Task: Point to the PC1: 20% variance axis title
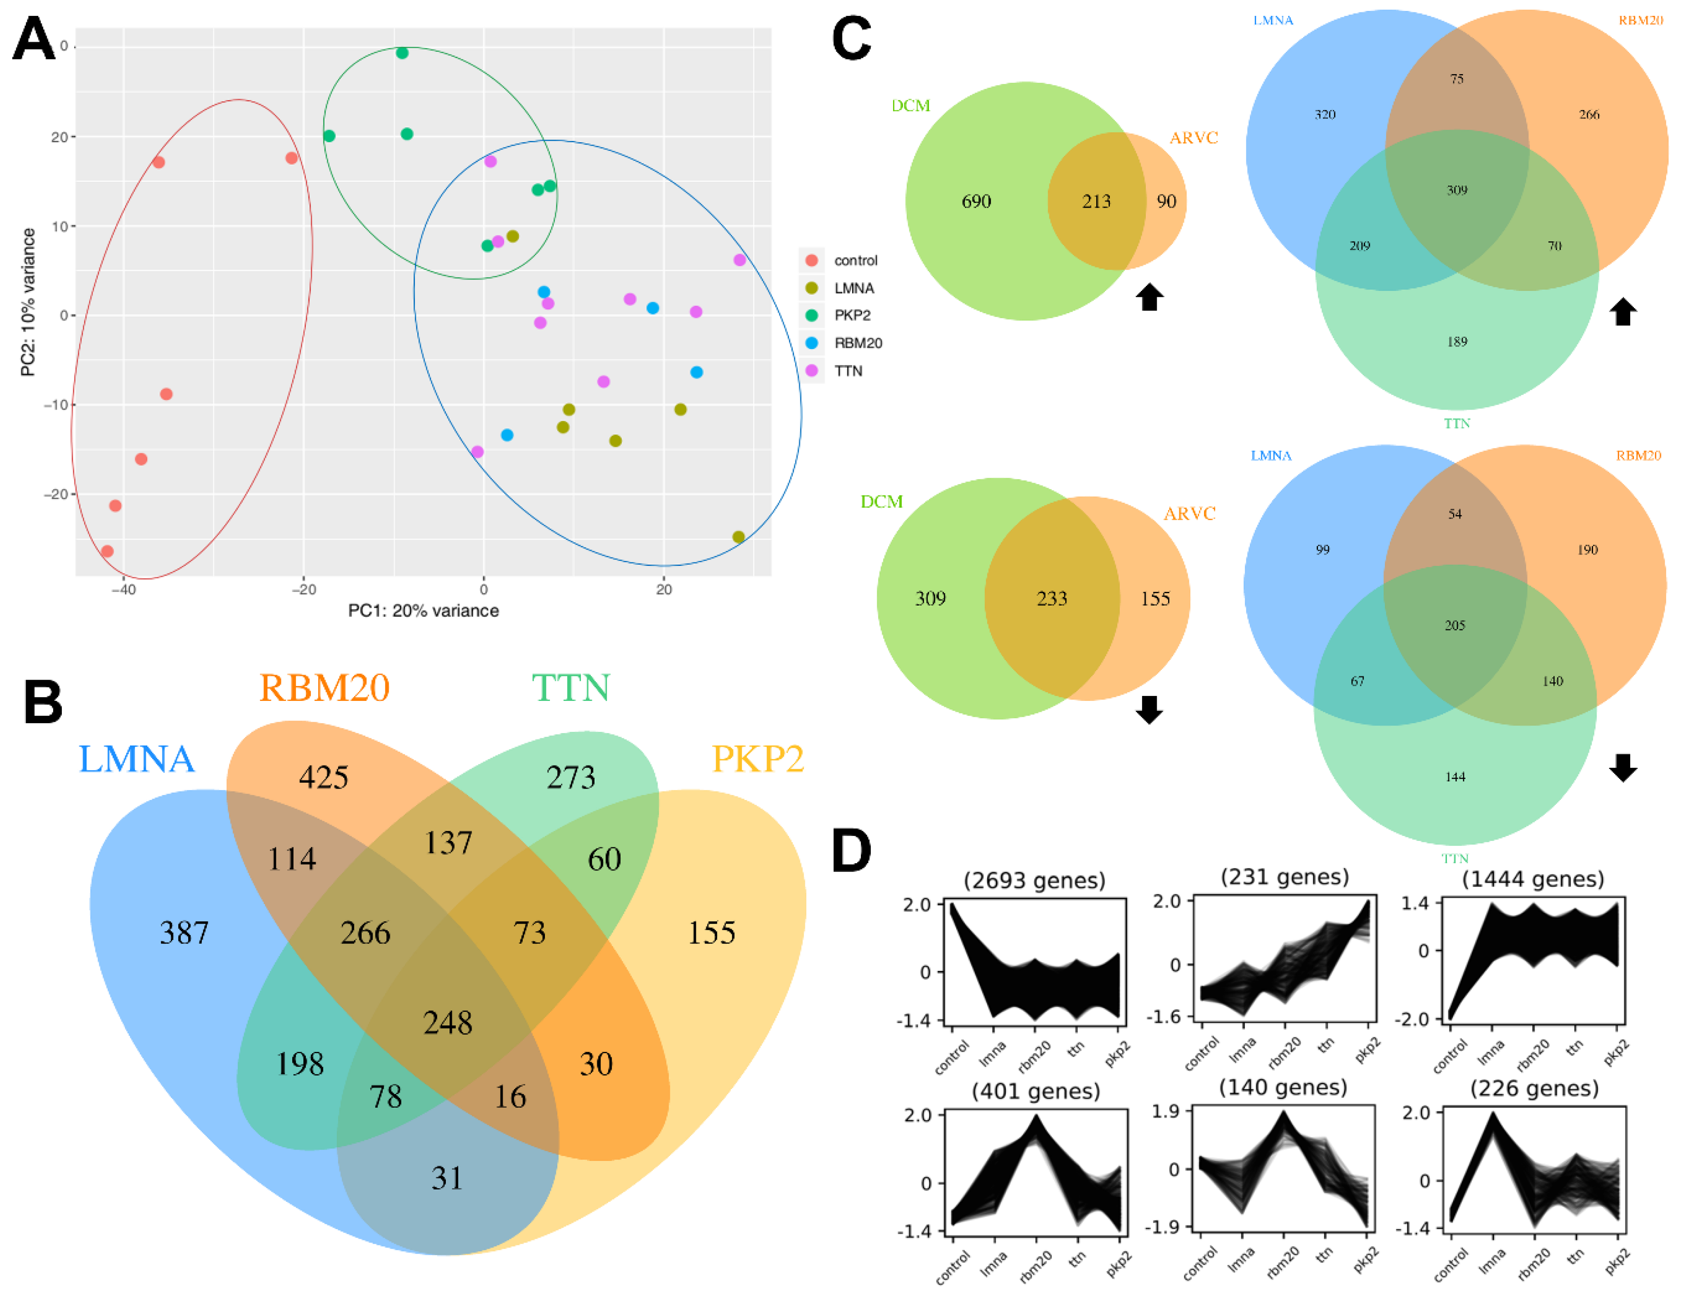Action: click(424, 610)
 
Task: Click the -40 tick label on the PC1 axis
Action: click(124, 589)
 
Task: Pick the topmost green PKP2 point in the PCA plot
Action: click(402, 53)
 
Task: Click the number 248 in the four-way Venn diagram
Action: click(448, 1023)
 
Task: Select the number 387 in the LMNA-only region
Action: click(184, 932)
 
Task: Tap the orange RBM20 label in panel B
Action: click(324, 687)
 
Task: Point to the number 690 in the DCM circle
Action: click(976, 202)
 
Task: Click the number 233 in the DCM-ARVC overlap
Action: click(1052, 598)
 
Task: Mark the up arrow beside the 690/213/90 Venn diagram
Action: click(1150, 297)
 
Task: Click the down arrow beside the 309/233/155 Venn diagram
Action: click(1149, 710)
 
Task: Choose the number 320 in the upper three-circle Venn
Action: click(1325, 115)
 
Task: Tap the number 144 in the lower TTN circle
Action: click(1455, 777)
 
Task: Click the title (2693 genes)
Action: click(1034, 880)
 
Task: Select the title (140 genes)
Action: click(1283, 1087)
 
